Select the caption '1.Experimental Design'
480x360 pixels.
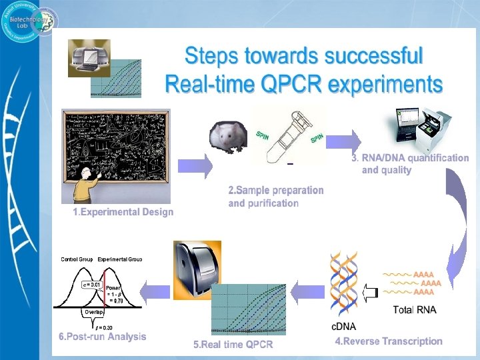coord(123,212)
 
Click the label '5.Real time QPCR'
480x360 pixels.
coord(233,345)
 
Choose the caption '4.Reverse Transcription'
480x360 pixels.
coord(388,341)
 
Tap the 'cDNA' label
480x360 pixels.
coord(343,326)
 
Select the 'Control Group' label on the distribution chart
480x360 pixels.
coord(77,259)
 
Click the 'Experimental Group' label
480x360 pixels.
coord(120,259)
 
